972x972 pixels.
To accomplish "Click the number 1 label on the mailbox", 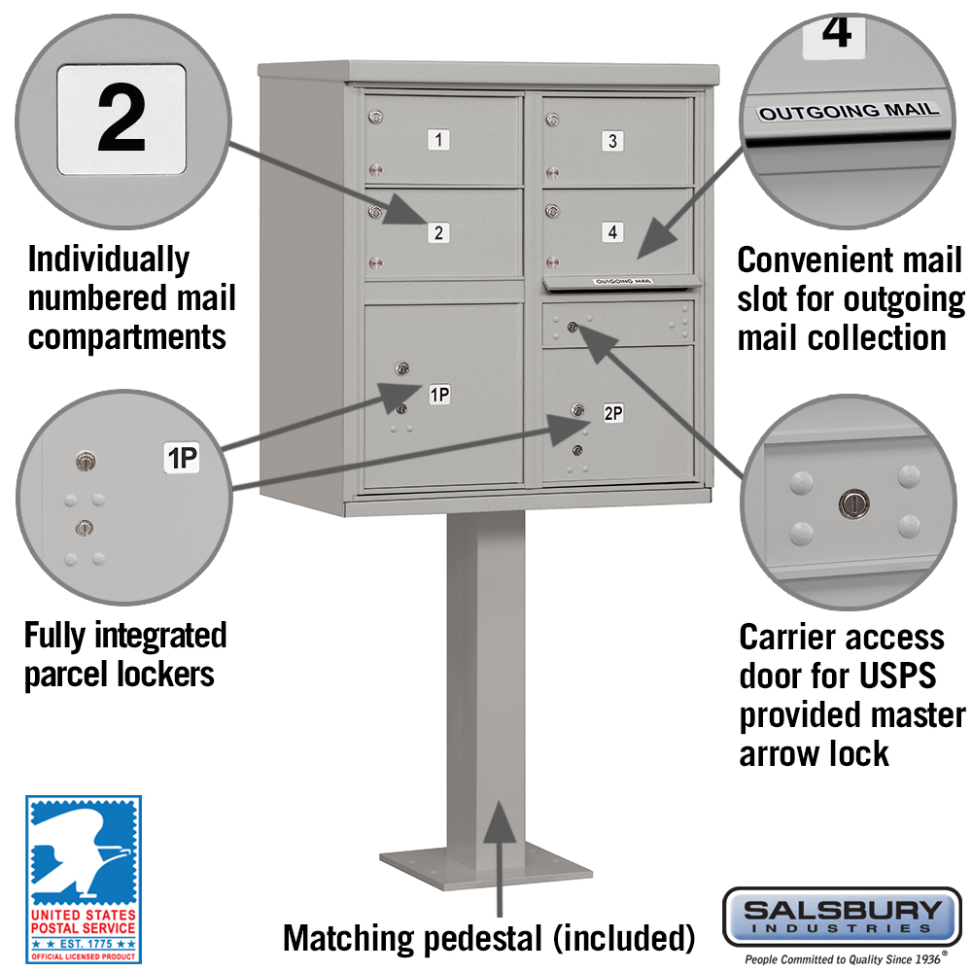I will [438, 140].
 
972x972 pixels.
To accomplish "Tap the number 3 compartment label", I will [612, 141].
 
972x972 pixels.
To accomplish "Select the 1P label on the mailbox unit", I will [438, 394].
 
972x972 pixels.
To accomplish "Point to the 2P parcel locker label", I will [612, 412].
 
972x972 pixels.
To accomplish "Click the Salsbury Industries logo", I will [842, 916].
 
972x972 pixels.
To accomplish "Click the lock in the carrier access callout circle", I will [849, 503].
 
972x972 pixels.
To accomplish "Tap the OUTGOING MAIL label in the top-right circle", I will [849, 111].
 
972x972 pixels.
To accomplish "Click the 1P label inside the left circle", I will [181, 458].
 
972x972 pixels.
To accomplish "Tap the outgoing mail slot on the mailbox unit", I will [622, 283].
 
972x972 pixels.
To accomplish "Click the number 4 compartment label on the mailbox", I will [611, 232].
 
